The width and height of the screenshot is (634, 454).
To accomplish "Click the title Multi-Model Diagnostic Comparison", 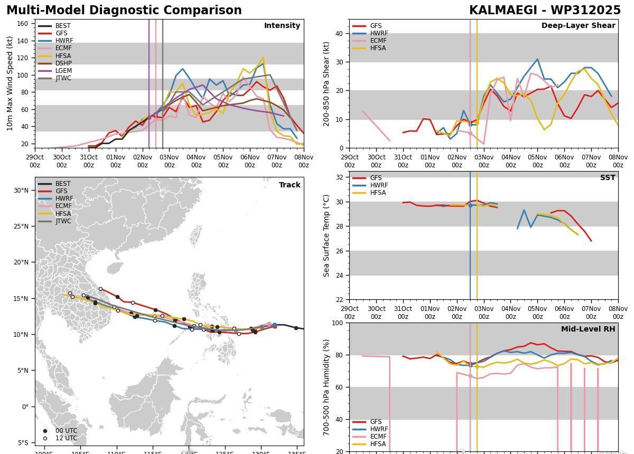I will coord(124,11).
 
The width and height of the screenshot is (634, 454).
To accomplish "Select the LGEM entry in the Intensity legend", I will coord(63,71).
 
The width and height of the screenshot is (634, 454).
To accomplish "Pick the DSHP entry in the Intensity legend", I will coord(63,63).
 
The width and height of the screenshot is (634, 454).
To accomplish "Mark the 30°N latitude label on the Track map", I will coord(21,191).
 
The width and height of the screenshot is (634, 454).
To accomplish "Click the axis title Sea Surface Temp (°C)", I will coord(327,235).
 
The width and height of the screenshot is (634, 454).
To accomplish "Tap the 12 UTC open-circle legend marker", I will coord(45,438).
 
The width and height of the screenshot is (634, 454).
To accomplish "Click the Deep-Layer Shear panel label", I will coord(578,25).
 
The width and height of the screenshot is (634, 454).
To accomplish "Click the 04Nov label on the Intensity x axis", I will coord(196,160).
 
